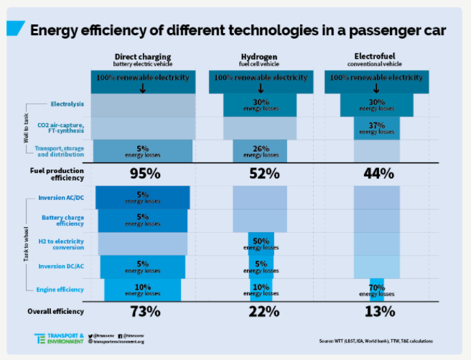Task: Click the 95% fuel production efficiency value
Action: pos(144,173)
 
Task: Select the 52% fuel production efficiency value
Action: pos(259,173)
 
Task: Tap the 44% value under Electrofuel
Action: pos(377,173)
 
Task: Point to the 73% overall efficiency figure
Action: pos(144,312)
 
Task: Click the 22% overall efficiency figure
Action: pos(259,312)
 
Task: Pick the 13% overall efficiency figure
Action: pos(377,312)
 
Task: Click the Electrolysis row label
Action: pos(67,104)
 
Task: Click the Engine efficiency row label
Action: pos(61,289)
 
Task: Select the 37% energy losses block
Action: pos(377,128)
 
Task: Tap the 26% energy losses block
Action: pos(259,151)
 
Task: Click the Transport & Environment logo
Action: pos(60,338)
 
